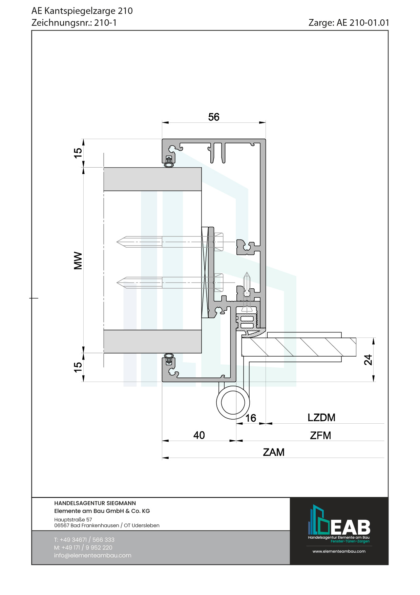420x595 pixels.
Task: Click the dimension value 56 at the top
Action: point(214,117)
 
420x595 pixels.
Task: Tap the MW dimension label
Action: point(78,261)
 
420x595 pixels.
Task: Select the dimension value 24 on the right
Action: point(368,360)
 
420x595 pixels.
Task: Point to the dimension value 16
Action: point(251,418)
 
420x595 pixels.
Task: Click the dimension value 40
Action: point(199,435)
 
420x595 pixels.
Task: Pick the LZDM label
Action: point(321,418)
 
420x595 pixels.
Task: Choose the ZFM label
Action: point(320,435)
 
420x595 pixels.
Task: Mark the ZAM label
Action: point(274,452)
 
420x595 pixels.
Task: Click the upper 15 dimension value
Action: point(78,153)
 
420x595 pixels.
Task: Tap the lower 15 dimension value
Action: point(78,367)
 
